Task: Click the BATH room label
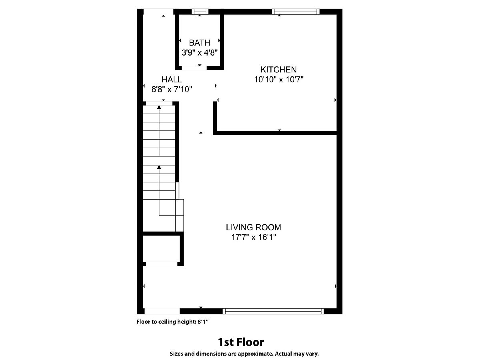[x=199, y=43]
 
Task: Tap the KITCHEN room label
[x=278, y=70]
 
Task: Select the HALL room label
[x=172, y=79]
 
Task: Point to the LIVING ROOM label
[x=254, y=227]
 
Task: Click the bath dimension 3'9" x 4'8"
[x=200, y=52]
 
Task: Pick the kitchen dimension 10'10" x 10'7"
[x=278, y=79]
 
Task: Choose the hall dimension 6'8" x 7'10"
[x=172, y=89]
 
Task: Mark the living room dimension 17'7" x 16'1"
[x=254, y=237]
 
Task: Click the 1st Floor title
[x=241, y=342]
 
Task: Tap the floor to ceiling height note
[x=172, y=322]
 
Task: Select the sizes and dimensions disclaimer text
[x=244, y=354]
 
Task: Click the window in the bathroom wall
[x=200, y=12]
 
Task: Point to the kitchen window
[x=296, y=12]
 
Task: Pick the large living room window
[x=273, y=311]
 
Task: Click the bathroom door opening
[x=194, y=68]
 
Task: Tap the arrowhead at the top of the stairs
[x=159, y=107]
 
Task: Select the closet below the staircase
[x=161, y=248]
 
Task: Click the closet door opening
[x=161, y=264]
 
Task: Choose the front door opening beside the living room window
[x=162, y=311]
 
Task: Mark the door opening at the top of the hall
[x=158, y=12]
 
